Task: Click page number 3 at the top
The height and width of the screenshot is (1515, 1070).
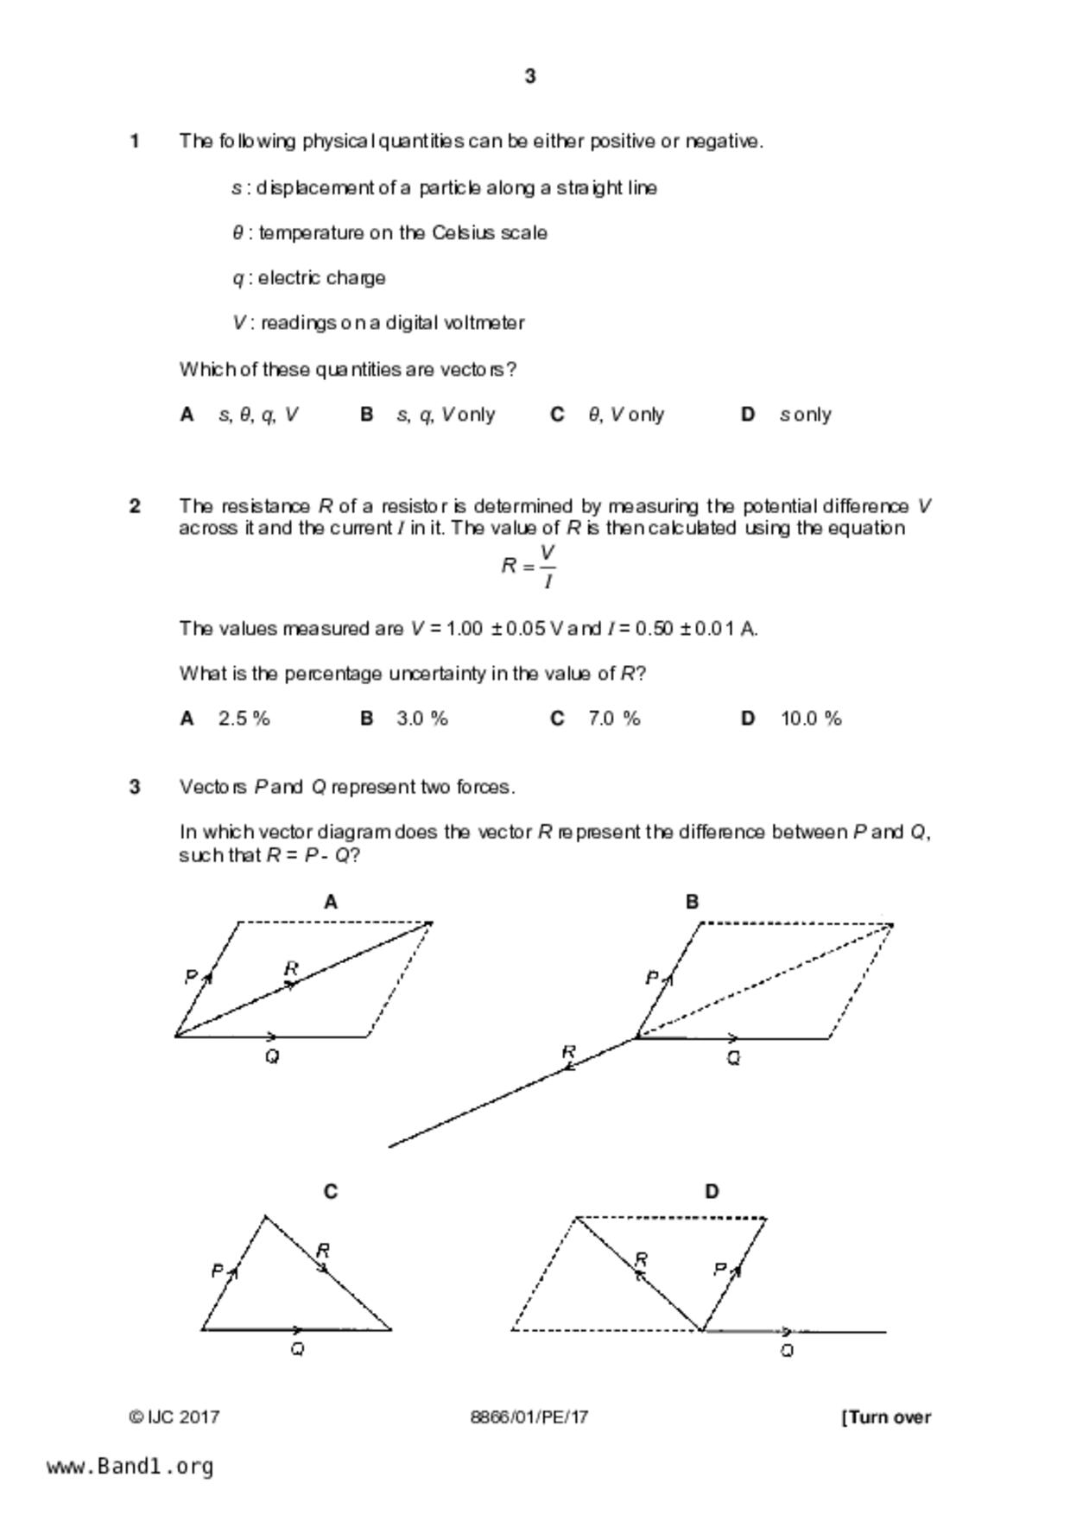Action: [x=530, y=77]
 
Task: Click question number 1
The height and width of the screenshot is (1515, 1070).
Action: [x=135, y=141]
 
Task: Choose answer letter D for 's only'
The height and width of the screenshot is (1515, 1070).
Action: [x=748, y=415]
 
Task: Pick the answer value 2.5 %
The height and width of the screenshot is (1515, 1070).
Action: [x=244, y=719]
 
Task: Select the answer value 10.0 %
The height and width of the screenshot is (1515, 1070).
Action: [x=811, y=719]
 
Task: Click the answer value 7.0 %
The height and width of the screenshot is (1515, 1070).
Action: [x=614, y=719]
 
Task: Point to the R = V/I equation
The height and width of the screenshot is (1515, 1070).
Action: [x=529, y=567]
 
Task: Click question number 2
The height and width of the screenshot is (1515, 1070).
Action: [x=135, y=506]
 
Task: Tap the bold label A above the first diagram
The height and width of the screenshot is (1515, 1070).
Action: [x=330, y=903]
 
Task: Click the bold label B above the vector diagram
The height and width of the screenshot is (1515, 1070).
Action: [x=692, y=903]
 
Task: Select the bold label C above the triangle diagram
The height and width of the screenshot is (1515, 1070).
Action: [x=330, y=1192]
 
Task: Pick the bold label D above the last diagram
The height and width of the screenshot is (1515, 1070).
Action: [x=712, y=1192]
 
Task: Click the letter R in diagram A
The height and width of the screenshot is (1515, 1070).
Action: [x=291, y=968]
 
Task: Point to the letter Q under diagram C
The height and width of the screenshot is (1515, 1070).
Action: [x=297, y=1349]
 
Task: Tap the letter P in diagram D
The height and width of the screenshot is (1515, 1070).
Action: [x=719, y=1269]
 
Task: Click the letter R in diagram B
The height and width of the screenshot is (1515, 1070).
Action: [x=568, y=1052]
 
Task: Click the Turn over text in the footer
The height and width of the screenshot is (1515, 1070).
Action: [x=887, y=1417]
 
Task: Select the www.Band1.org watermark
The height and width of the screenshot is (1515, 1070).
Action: [x=130, y=1467]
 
